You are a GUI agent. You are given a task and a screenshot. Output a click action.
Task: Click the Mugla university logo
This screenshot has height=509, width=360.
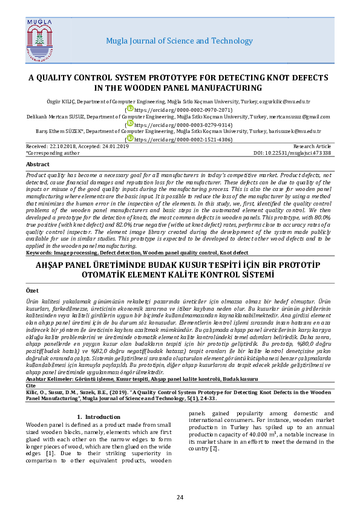click(x=41, y=41)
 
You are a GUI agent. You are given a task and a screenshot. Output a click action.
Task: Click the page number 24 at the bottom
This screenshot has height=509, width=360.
click(x=180, y=497)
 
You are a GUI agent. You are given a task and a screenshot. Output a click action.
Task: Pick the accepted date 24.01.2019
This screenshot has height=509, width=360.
click(x=113, y=147)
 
